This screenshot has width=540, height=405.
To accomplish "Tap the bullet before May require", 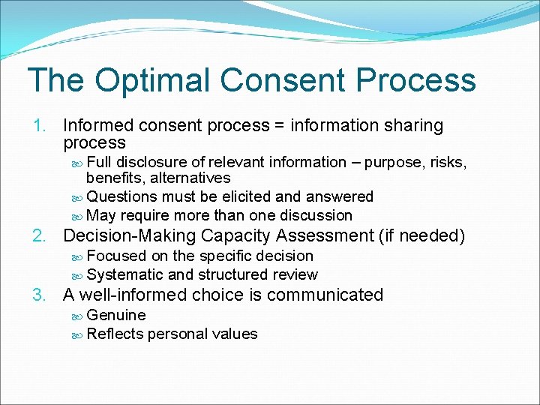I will [x=79, y=216].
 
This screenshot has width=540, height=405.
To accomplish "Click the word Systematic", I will [x=124, y=274].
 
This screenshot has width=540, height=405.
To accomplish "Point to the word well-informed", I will [x=133, y=295].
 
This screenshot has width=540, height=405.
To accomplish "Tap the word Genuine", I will [x=116, y=315].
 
